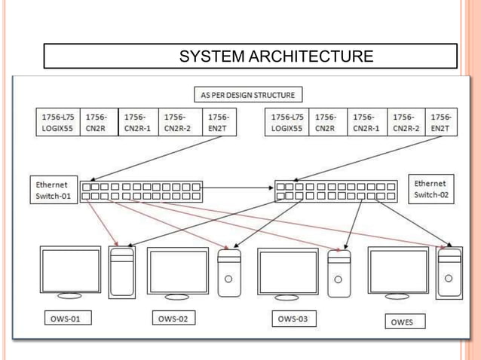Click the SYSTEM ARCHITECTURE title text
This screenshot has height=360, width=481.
tap(276, 56)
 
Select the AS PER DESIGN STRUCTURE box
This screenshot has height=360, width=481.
tap(247, 95)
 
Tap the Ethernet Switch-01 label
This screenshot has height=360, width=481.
tap(52, 191)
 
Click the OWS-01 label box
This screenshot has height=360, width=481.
tap(66, 319)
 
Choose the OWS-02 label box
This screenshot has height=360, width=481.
tap(173, 319)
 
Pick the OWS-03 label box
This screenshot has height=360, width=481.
tap(293, 319)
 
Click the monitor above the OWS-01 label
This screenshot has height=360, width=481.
tap(70, 272)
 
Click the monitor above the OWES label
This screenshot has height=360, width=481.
tap(398, 273)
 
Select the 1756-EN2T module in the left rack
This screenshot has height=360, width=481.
tap(219, 123)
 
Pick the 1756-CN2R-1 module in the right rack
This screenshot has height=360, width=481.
tap(366, 123)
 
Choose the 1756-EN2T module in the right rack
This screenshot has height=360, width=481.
tap(440, 123)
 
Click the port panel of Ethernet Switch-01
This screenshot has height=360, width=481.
tap(142, 191)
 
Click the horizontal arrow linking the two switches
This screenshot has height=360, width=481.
tap(238, 187)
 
